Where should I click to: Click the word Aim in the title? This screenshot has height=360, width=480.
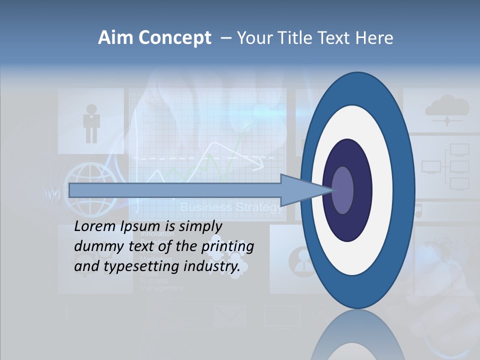pyautogui.click(x=115, y=38)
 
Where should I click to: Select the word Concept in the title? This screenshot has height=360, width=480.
pyautogui.click(x=174, y=38)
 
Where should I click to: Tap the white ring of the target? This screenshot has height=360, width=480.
pyautogui.click(x=385, y=190)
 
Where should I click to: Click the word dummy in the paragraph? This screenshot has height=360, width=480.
pyautogui.click(x=95, y=246)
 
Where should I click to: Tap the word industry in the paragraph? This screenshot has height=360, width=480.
pyautogui.click(x=212, y=266)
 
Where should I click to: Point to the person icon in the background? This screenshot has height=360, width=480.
pyautogui.click(x=91, y=122)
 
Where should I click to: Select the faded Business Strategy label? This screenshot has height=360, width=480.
pyautogui.click(x=231, y=207)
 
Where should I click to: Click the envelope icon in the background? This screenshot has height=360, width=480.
pyautogui.click(x=229, y=315)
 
